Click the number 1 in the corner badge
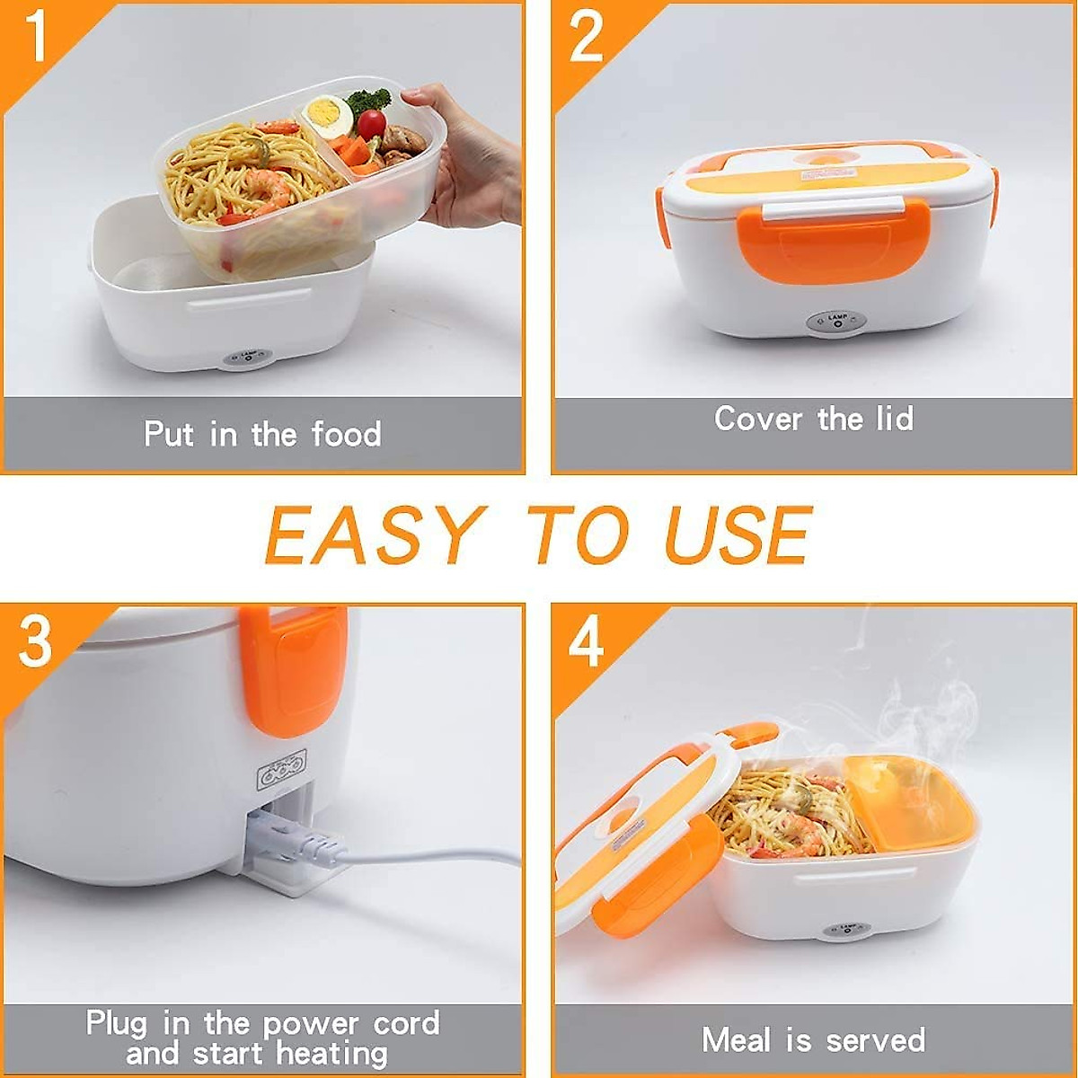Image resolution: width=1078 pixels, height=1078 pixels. click(35, 37)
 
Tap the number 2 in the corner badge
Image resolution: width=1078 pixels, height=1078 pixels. click(586, 37)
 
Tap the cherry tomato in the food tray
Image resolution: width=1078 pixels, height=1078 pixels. click(371, 124)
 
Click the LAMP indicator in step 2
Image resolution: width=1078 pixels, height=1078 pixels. click(837, 323)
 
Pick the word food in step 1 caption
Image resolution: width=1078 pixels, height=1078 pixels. click(346, 435)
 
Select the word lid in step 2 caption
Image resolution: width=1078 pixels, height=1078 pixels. click(893, 419)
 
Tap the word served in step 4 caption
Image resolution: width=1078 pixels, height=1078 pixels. click(875, 1039)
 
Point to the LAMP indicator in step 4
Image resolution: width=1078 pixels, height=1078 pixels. click(844, 930)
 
